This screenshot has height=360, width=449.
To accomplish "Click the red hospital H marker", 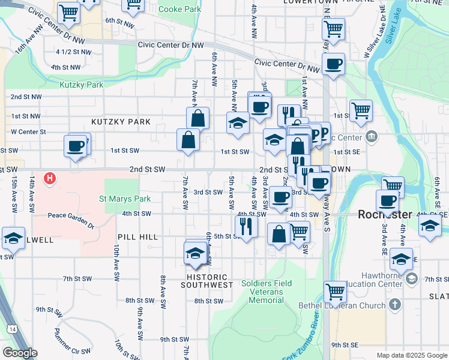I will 51,178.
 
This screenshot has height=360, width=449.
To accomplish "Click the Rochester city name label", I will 385,214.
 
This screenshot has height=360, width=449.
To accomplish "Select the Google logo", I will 19,353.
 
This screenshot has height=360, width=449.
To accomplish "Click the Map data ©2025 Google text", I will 411,355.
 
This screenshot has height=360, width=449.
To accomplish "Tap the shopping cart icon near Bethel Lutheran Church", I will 335,292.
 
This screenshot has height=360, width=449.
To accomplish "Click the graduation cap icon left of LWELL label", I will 13,238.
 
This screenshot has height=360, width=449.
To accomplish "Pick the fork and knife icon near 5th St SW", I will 246,226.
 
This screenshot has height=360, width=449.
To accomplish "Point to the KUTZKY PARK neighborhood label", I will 121,122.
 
